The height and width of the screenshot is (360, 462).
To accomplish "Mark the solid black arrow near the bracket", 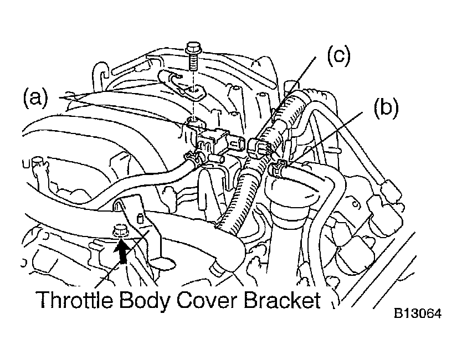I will click(121, 250).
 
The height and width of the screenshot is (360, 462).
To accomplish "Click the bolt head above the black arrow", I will click(119, 230).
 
